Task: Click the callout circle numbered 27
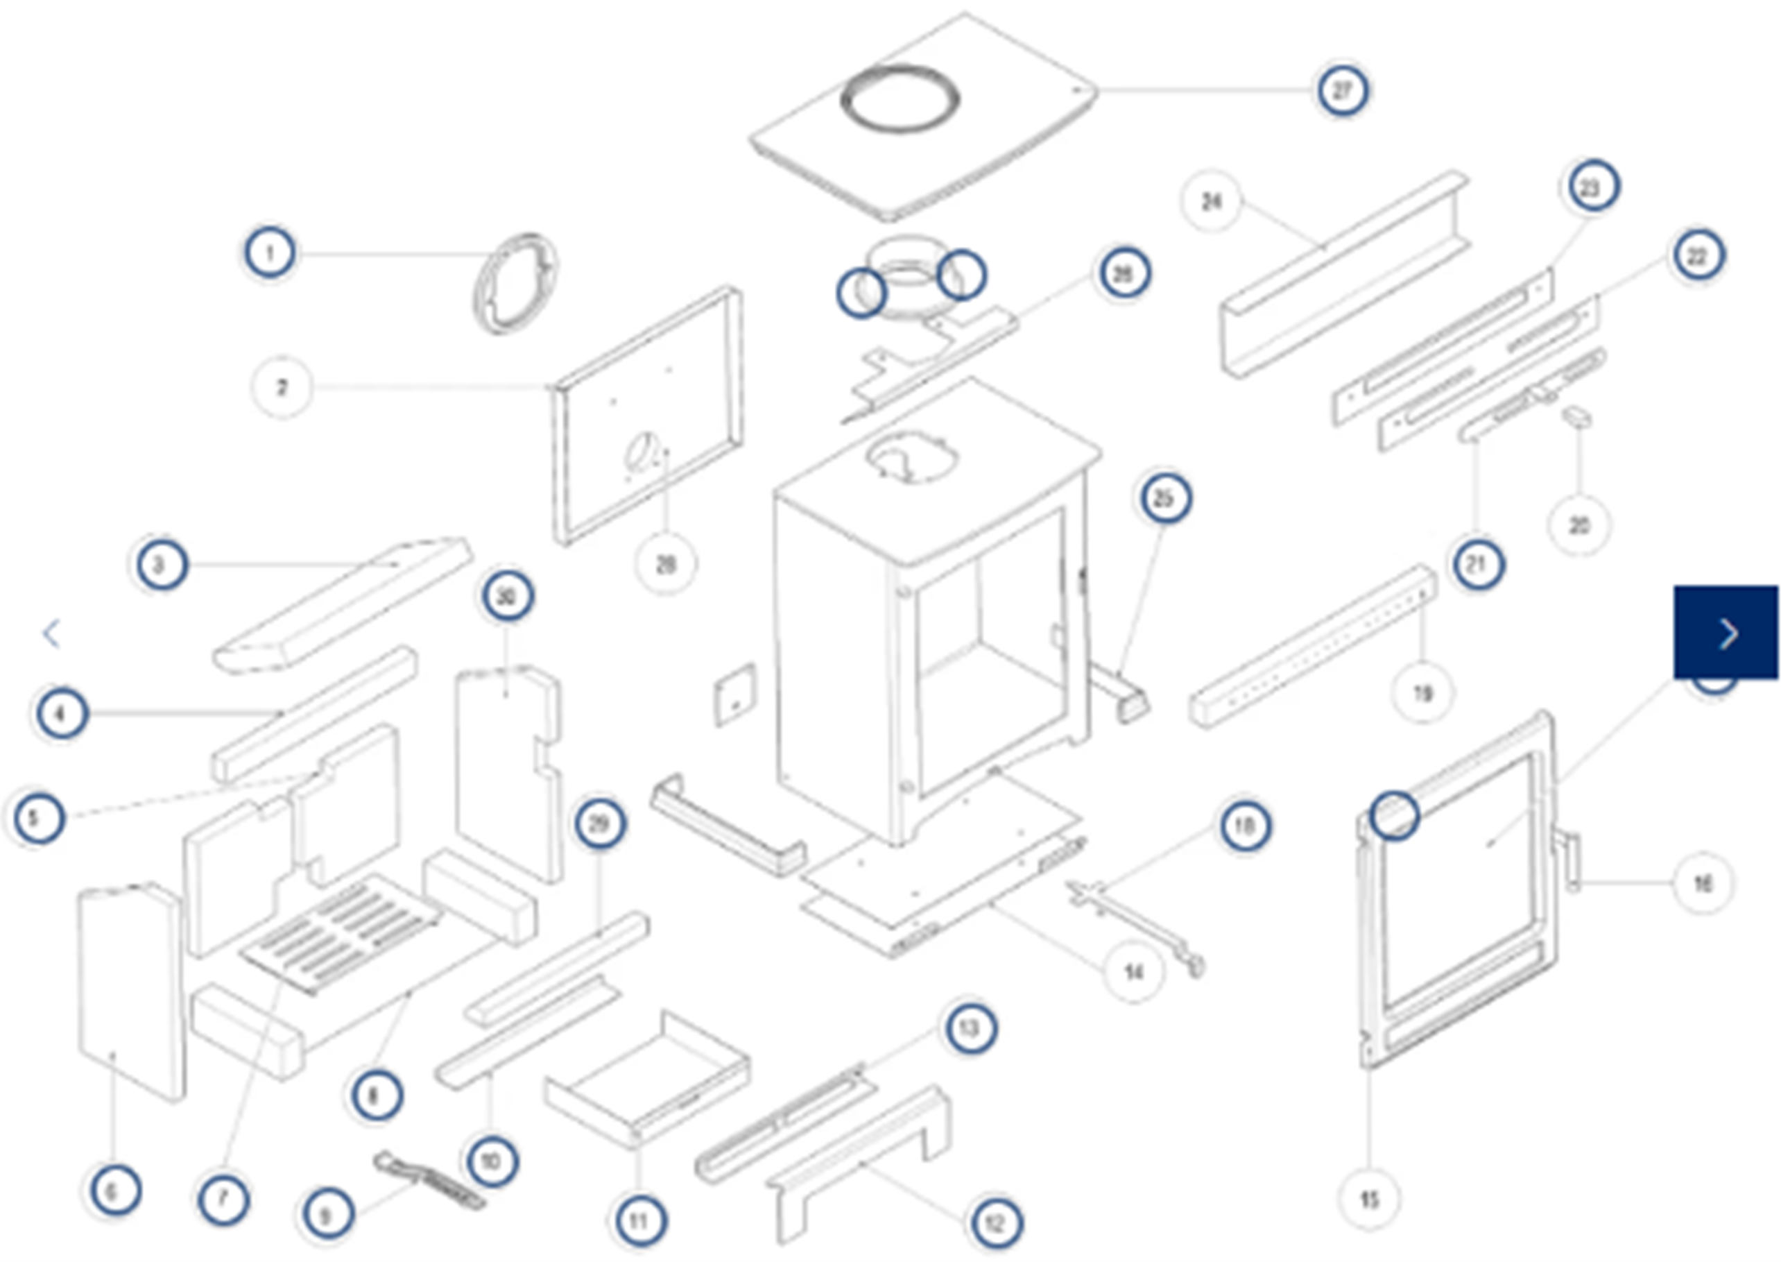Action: tap(1342, 90)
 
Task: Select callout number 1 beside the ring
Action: tap(270, 253)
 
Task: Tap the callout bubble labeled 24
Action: tap(1211, 202)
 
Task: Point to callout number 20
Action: tap(1578, 525)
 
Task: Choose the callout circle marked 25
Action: tap(1164, 498)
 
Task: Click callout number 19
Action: tap(1422, 693)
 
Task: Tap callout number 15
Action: tap(1369, 1200)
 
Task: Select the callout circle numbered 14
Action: tap(1133, 972)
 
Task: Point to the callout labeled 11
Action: tap(639, 1222)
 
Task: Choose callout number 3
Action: tap(161, 565)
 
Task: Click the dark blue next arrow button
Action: tap(1726, 633)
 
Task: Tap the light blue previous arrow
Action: tap(52, 633)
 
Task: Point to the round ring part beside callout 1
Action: tap(515, 284)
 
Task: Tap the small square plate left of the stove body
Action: tap(734, 694)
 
